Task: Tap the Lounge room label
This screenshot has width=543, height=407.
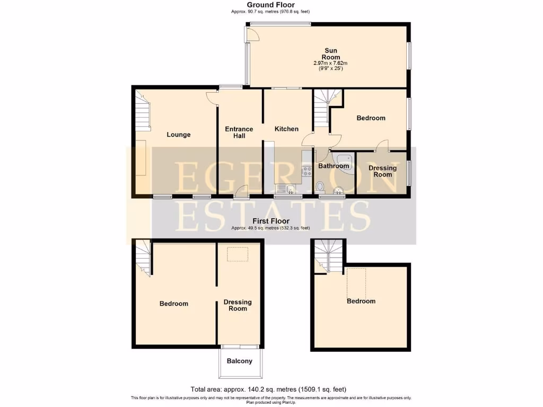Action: [x=179, y=135]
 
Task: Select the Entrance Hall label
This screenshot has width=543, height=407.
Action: [x=239, y=132]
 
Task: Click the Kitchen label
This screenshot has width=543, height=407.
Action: [x=286, y=129]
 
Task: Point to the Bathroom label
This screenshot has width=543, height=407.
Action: [x=334, y=166]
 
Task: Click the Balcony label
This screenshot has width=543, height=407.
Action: [x=240, y=361]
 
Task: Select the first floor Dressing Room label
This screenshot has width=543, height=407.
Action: [x=238, y=305]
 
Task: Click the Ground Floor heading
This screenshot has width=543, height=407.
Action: [x=271, y=5]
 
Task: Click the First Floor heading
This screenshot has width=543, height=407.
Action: [x=271, y=222]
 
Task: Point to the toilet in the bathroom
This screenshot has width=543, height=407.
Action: [x=320, y=187]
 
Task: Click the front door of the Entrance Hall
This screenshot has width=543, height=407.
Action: [x=242, y=192]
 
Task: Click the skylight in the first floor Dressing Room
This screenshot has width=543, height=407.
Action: [x=233, y=255]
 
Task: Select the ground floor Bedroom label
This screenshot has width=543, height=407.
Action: [x=371, y=118]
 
